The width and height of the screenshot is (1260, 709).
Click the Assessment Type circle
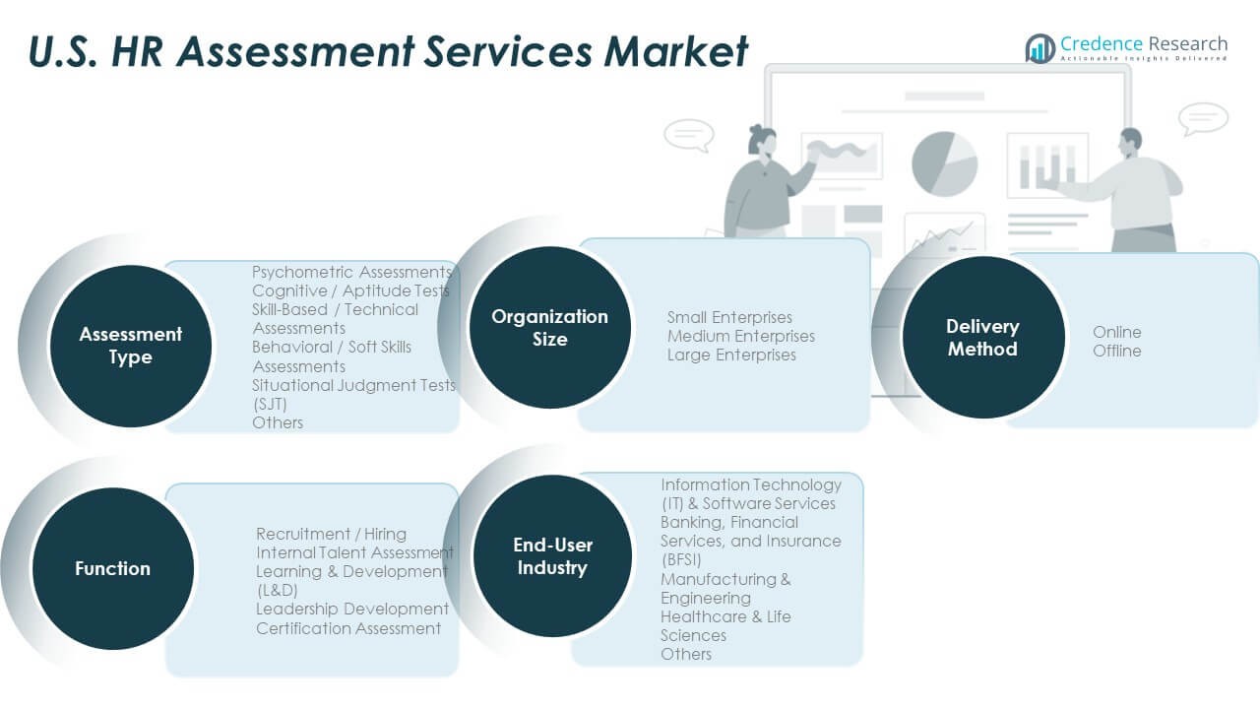[x=130, y=346]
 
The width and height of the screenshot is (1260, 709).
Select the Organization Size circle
[x=549, y=327]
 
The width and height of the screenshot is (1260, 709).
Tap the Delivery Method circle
[x=982, y=337]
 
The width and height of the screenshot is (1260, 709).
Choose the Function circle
[x=112, y=568]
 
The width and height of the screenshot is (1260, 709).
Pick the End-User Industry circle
[x=551, y=556]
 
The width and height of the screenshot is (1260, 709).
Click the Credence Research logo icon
[x=1039, y=47]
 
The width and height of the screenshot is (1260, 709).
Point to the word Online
[x=1116, y=332]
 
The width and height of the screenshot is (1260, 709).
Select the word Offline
[x=1116, y=351]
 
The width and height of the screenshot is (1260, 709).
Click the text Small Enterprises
[x=728, y=317]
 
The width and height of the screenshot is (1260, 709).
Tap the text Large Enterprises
[x=730, y=354]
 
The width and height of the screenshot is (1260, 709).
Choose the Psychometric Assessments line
[x=351, y=272]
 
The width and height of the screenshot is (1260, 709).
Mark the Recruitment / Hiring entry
[x=331, y=534]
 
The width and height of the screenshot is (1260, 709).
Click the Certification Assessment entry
[x=348, y=628]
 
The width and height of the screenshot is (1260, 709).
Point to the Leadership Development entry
[x=352, y=609]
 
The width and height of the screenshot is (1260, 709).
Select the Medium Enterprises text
[x=740, y=336]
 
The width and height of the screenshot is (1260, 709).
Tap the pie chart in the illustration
[x=944, y=162]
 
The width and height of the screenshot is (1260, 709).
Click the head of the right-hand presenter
[x=1131, y=139]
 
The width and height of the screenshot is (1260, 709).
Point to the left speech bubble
[x=688, y=134]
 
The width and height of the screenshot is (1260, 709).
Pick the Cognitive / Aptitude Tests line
[x=350, y=290]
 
